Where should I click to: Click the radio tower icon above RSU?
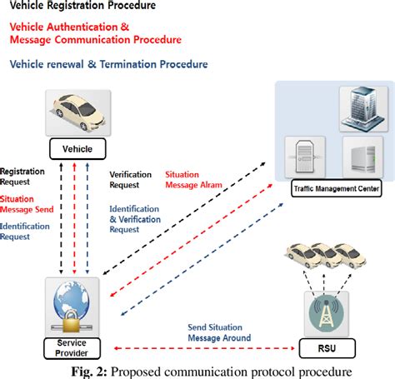tap(327, 309)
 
